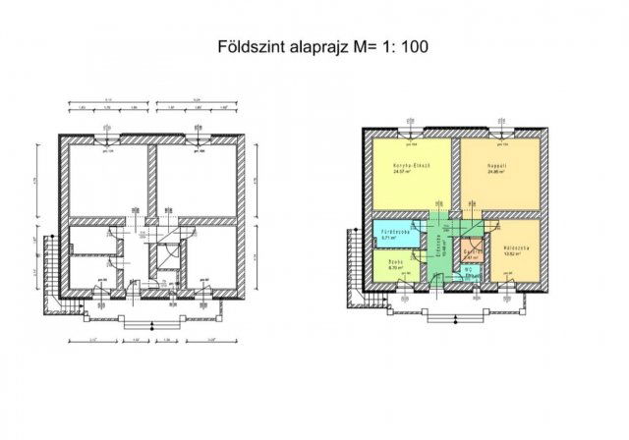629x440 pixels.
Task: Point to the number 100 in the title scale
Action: pyautogui.click(x=413, y=45)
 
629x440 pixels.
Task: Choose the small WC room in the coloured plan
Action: pyautogui.click(x=470, y=272)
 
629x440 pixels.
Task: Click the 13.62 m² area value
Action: pyautogui.click(x=513, y=253)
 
